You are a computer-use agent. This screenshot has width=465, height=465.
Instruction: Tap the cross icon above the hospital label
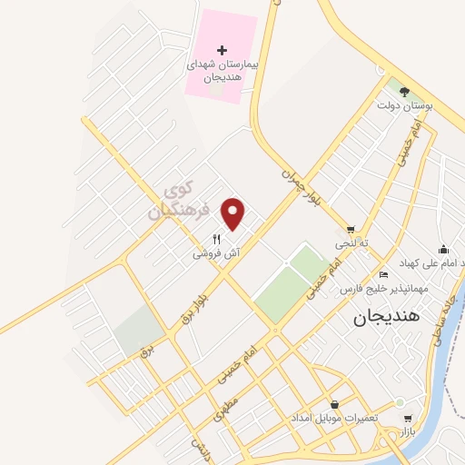coord(223,48)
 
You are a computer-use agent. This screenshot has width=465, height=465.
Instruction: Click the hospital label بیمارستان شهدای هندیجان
coord(223,71)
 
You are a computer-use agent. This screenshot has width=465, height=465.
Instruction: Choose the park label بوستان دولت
coord(402,106)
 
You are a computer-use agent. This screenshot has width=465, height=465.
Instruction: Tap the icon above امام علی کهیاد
coord(443,249)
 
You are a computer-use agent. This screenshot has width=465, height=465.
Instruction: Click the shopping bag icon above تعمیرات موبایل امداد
coord(335,404)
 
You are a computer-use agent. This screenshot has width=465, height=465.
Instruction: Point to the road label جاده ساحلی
coord(442,317)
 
